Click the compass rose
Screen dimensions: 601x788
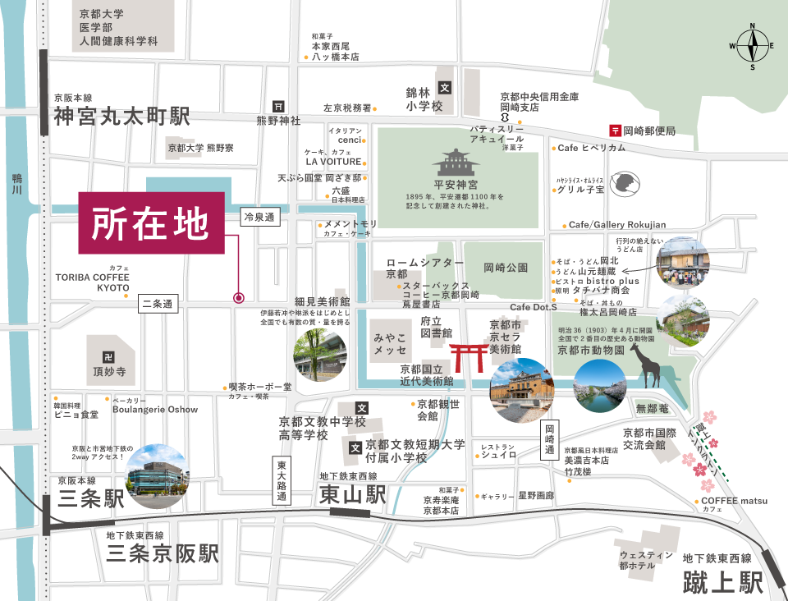click(752, 46)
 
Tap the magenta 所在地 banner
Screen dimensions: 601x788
click(151, 223)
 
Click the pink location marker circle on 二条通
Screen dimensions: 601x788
click(239, 298)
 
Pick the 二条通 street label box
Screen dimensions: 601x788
click(158, 303)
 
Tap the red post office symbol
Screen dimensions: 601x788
click(614, 131)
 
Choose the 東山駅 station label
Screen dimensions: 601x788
click(352, 495)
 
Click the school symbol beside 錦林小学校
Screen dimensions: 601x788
click(445, 88)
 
